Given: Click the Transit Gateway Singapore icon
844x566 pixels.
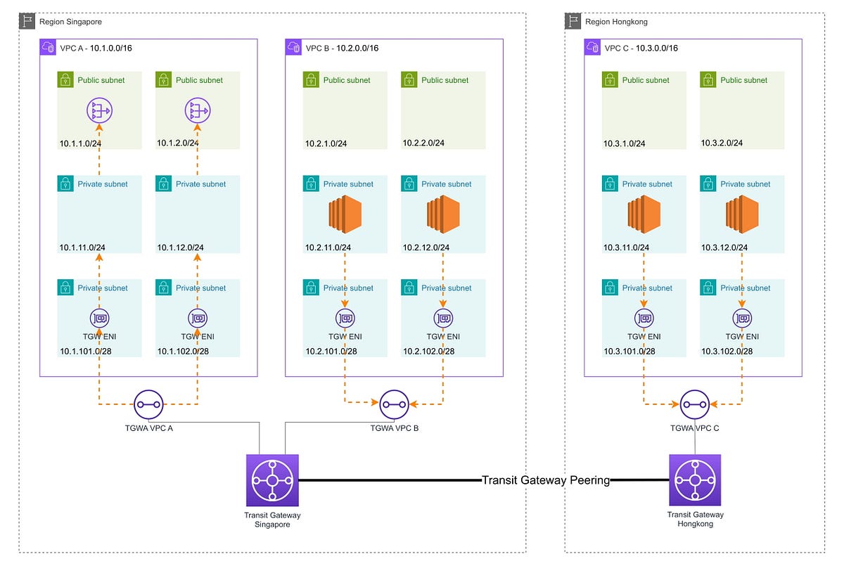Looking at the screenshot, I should click(x=272, y=480).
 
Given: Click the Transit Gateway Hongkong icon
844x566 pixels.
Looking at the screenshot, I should click(x=695, y=480).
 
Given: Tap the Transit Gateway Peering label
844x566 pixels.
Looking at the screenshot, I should click(x=546, y=480).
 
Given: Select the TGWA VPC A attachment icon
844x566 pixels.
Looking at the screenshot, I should click(x=148, y=404).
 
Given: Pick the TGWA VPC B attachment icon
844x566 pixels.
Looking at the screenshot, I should click(x=394, y=404).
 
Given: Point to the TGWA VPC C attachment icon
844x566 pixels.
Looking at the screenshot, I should click(x=694, y=404).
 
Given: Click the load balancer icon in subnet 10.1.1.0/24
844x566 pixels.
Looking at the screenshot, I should click(x=99, y=110).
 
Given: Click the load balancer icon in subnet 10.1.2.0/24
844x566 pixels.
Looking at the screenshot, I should click(x=198, y=110).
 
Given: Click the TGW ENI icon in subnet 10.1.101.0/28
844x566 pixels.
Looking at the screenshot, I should click(x=99, y=318).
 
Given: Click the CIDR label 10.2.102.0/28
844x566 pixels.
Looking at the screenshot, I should click(x=429, y=352).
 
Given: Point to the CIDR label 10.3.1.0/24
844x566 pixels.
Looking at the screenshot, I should click(x=624, y=143).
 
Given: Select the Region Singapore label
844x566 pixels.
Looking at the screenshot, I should click(x=70, y=22).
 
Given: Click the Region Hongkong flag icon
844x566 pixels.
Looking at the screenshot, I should click(x=574, y=21).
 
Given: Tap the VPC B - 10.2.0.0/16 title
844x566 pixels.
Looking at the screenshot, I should click(x=342, y=48).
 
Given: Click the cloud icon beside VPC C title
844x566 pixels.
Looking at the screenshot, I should click(x=592, y=47).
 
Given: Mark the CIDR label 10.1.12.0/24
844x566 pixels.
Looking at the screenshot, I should click(x=180, y=247).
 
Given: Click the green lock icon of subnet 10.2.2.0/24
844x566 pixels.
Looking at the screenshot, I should click(x=409, y=80).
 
